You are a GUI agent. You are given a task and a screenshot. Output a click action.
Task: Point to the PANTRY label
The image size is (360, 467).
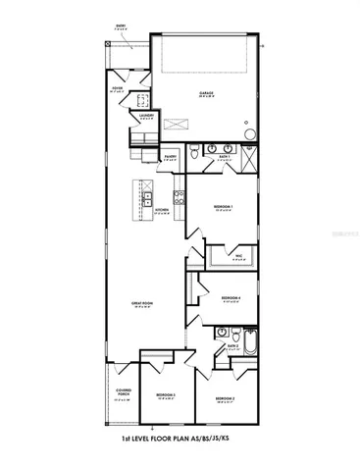169,155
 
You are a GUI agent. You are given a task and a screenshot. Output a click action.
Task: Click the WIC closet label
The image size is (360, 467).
236,260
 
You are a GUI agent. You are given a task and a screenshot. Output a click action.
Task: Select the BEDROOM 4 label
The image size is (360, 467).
231,297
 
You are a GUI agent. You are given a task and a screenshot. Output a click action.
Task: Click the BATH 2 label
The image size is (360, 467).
233,345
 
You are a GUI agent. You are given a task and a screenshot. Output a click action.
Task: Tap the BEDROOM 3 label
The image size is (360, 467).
165,395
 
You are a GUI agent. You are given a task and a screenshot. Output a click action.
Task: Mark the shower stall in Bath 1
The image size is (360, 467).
249,157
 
